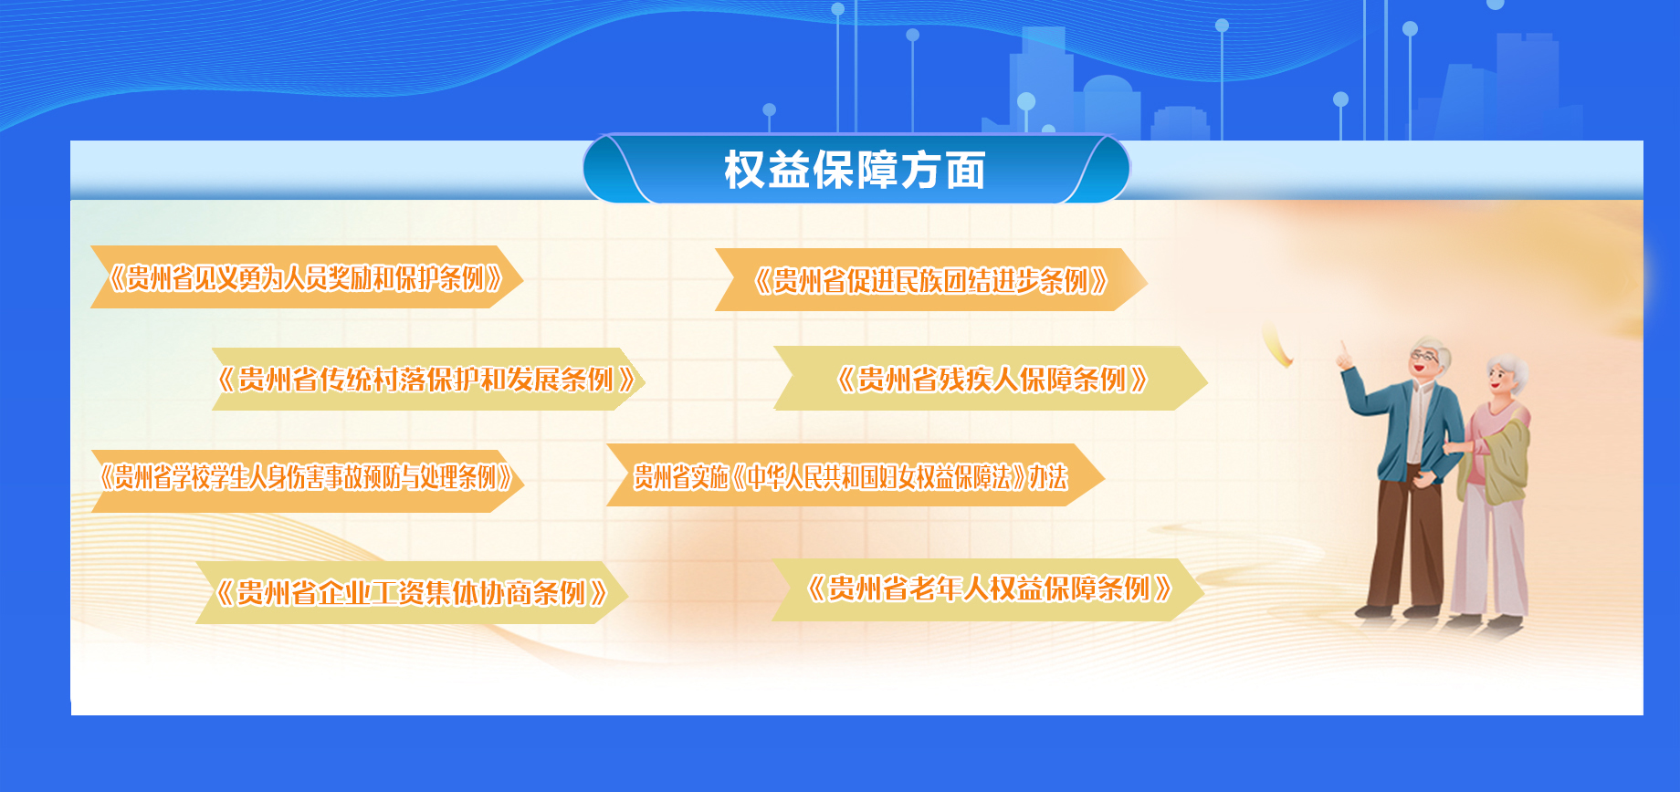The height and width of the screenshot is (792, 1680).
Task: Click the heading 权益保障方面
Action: tap(855, 171)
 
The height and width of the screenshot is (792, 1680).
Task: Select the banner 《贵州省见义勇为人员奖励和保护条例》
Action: tap(306, 277)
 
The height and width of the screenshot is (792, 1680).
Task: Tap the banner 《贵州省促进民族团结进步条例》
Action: tap(930, 280)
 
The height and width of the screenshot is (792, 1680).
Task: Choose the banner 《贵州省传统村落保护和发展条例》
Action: tap(428, 379)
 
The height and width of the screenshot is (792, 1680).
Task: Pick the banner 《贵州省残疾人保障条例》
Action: tap(991, 379)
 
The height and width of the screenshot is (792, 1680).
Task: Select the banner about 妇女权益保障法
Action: tap(856, 475)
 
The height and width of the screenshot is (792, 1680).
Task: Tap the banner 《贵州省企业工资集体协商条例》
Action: tap(412, 593)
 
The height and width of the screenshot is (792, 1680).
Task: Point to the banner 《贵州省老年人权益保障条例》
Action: tap(988, 589)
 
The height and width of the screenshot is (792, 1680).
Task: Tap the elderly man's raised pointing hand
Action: tap(1345, 356)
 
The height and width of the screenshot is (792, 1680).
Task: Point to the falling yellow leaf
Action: tap(1276, 344)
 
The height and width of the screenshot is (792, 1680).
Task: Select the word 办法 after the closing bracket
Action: tap(1047, 476)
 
